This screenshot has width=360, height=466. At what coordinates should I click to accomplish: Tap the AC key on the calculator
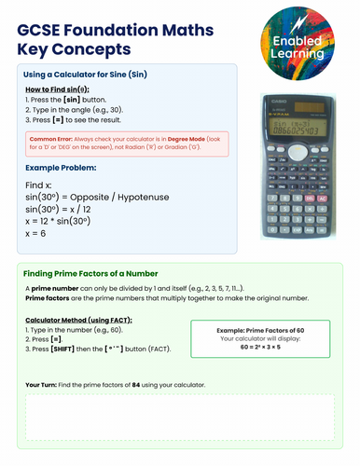click(322, 199)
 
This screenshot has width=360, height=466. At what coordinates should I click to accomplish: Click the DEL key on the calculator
click(309, 199)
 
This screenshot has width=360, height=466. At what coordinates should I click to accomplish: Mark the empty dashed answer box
click(179, 417)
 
